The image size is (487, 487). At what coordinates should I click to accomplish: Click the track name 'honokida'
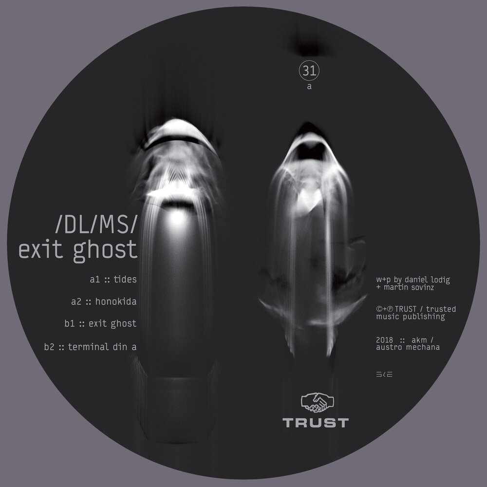point(115,301)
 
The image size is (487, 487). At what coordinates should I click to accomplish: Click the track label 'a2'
point(75,301)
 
